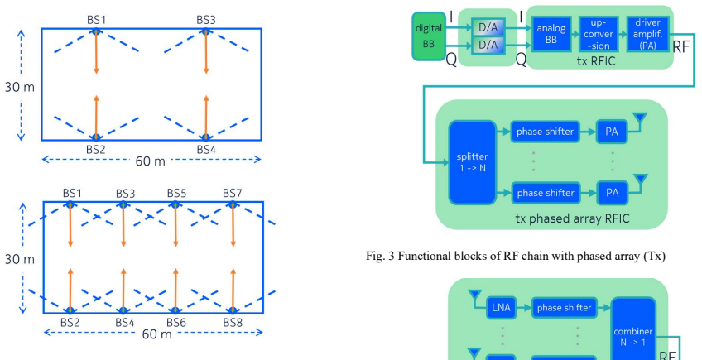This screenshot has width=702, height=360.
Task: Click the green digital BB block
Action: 429,36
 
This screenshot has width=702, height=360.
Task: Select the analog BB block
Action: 551,34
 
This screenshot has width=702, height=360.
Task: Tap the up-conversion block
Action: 599,34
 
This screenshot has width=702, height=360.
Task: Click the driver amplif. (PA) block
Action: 647,34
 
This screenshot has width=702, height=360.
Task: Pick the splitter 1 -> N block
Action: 473,162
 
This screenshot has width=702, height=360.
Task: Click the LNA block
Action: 501,308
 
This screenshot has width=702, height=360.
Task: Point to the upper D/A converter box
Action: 488,28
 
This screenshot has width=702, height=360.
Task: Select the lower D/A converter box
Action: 488,45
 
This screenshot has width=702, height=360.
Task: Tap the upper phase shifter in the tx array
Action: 545,132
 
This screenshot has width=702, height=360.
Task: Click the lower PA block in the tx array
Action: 612,193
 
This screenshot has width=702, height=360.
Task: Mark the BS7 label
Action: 233,194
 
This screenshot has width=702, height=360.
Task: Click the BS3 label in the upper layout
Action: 206,20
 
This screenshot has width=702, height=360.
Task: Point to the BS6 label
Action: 176,323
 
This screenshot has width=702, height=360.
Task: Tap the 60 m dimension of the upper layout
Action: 151,161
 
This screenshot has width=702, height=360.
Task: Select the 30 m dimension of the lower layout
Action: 20,259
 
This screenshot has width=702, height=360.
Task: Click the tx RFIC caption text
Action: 596,61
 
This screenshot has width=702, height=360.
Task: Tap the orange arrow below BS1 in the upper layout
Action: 96,52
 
